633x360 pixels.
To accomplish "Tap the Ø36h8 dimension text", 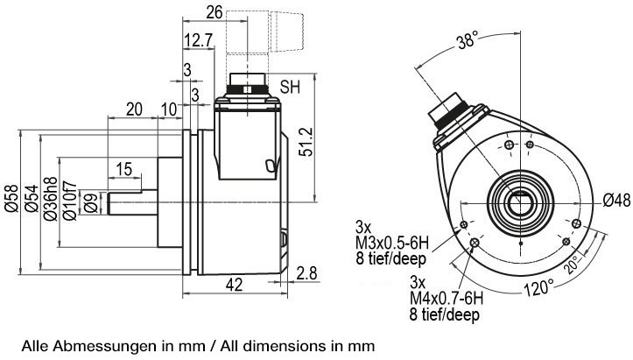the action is click(x=51, y=199).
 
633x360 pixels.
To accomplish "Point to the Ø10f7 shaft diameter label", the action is click(x=70, y=201).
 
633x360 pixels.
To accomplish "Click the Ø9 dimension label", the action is click(x=91, y=203).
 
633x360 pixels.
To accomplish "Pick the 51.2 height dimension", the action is click(x=306, y=141).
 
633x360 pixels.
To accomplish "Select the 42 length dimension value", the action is click(x=234, y=285).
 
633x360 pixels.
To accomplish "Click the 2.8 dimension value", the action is click(x=306, y=273).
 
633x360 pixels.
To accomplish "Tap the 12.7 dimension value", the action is click(x=198, y=40).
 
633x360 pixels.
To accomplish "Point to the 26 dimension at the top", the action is click(x=215, y=12).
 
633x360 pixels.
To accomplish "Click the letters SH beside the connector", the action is click(x=291, y=87).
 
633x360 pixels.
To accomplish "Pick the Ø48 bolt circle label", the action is click(x=616, y=200).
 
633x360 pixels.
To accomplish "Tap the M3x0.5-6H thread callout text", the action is click(x=391, y=244).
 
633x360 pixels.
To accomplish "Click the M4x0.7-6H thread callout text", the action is click(x=447, y=299).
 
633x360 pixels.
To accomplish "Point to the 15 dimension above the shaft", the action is click(x=124, y=169).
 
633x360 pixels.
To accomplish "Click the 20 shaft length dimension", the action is click(x=135, y=109).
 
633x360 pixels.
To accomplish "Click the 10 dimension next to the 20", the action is click(x=169, y=109).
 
